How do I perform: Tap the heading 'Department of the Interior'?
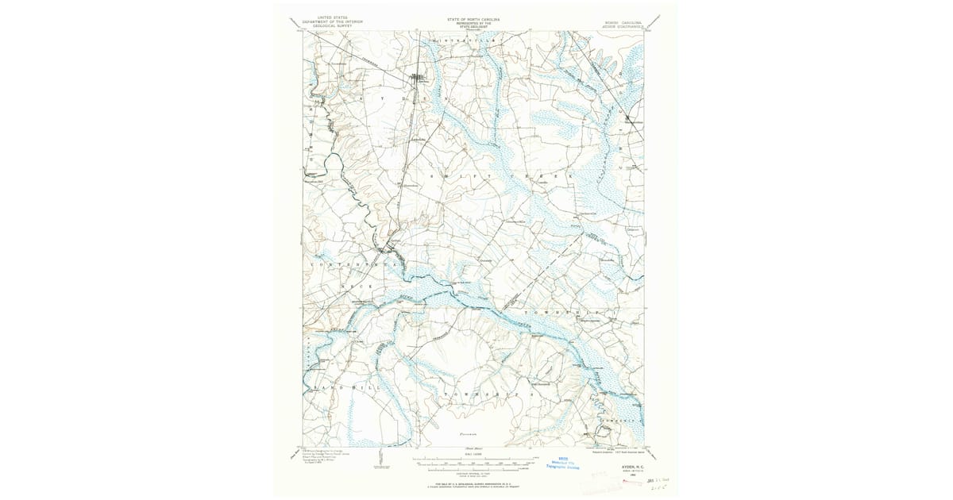(x=332, y=21)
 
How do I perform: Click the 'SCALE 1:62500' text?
(x=474, y=452)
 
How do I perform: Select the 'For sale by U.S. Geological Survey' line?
(x=475, y=482)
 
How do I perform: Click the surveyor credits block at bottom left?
(x=326, y=459)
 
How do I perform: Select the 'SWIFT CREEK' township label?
(x=500, y=175)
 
